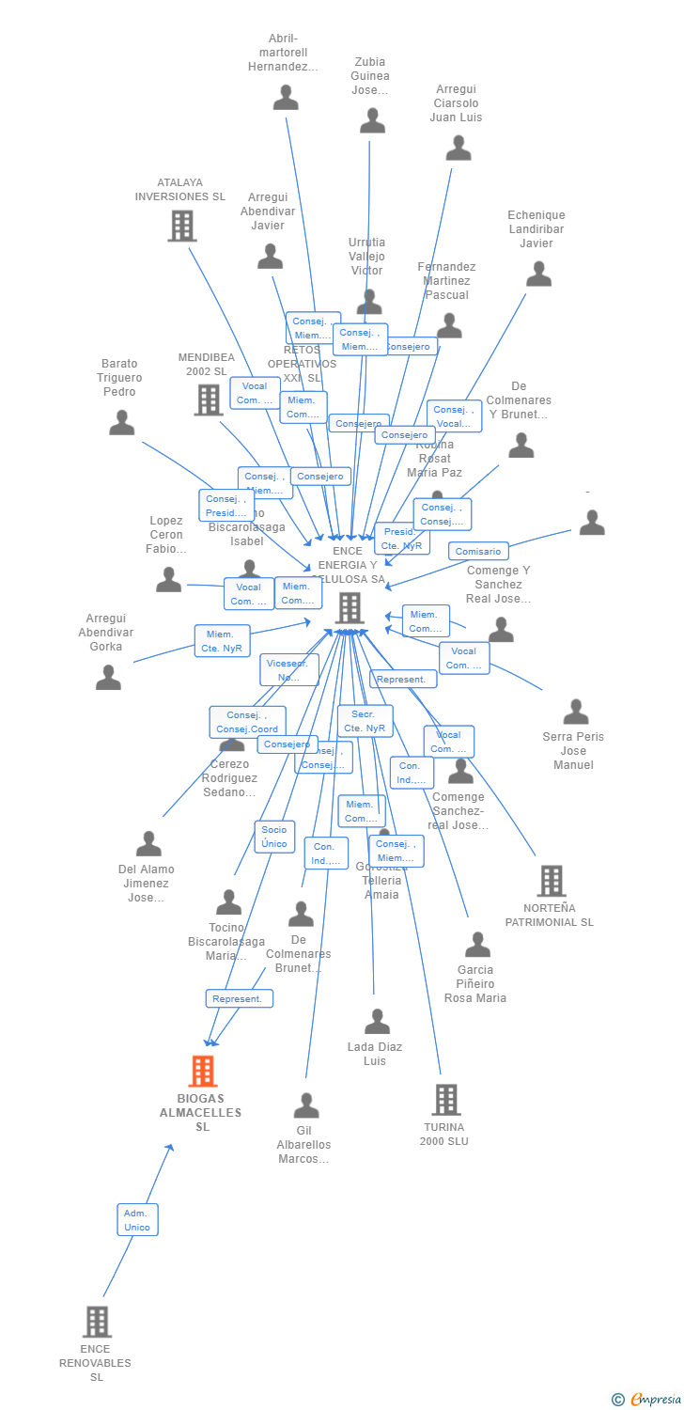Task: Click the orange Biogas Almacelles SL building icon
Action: click(x=203, y=1071)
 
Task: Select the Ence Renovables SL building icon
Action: click(x=97, y=1322)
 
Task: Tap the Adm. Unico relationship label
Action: click(x=137, y=1219)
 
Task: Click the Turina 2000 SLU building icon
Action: click(x=445, y=1100)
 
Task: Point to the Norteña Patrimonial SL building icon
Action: click(x=551, y=881)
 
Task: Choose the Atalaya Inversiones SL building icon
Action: click(x=181, y=226)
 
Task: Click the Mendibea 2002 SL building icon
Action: click(x=208, y=399)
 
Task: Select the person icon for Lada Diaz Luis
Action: click(x=377, y=1021)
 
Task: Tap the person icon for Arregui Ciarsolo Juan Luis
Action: click(x=458, y=148)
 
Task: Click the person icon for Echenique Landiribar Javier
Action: click(x=538, y=274)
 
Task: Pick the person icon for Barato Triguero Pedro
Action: click(x=122, y=423)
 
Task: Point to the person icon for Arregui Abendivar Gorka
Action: click(x=108, y=677)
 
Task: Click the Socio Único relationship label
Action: click(x=274, y=837)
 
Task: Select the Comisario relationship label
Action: click(x=478, y=551)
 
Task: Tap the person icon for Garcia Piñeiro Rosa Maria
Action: click(x=477, y=945)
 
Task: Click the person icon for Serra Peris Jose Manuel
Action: click(x=575, y=712)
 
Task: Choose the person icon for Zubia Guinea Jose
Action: click(x=372, y=120)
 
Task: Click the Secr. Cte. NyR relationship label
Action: click(x=365, y=721)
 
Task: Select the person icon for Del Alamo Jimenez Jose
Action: click(x=148, y=843)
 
